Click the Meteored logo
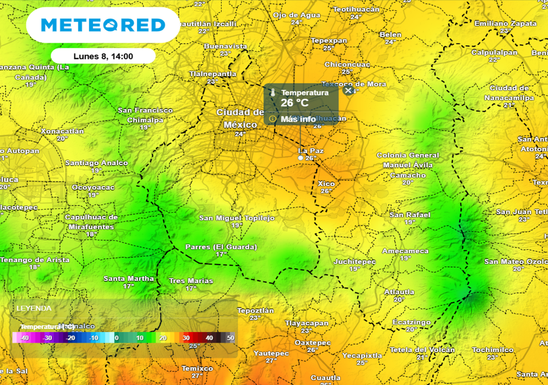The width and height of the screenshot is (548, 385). coord(103,25)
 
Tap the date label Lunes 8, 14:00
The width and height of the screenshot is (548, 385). coord(103,56)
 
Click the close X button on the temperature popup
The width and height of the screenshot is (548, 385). coord(348,91)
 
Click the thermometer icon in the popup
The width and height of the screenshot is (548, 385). coord(273,93)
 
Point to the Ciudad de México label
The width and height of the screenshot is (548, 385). coord(240,118)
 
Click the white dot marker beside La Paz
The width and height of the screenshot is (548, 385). coord(301,158)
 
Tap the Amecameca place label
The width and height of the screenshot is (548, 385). coord(405,251)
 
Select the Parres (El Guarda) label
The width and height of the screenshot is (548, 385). coord(221,247)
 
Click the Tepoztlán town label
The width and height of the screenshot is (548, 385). coord(255,311)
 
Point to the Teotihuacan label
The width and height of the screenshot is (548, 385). coord(356,10)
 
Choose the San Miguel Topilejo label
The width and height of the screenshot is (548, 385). coord(237,218)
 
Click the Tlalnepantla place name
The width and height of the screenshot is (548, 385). coord(212,74)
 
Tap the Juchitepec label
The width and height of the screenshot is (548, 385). coord(354,261)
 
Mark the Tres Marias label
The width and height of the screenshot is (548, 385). coord(191,281)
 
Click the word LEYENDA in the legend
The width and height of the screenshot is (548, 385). coord(34,309)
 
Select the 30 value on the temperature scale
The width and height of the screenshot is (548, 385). coord(186,338)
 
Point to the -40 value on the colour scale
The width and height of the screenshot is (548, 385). coord(24,338)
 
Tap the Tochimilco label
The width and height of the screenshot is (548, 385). coord(492,350)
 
